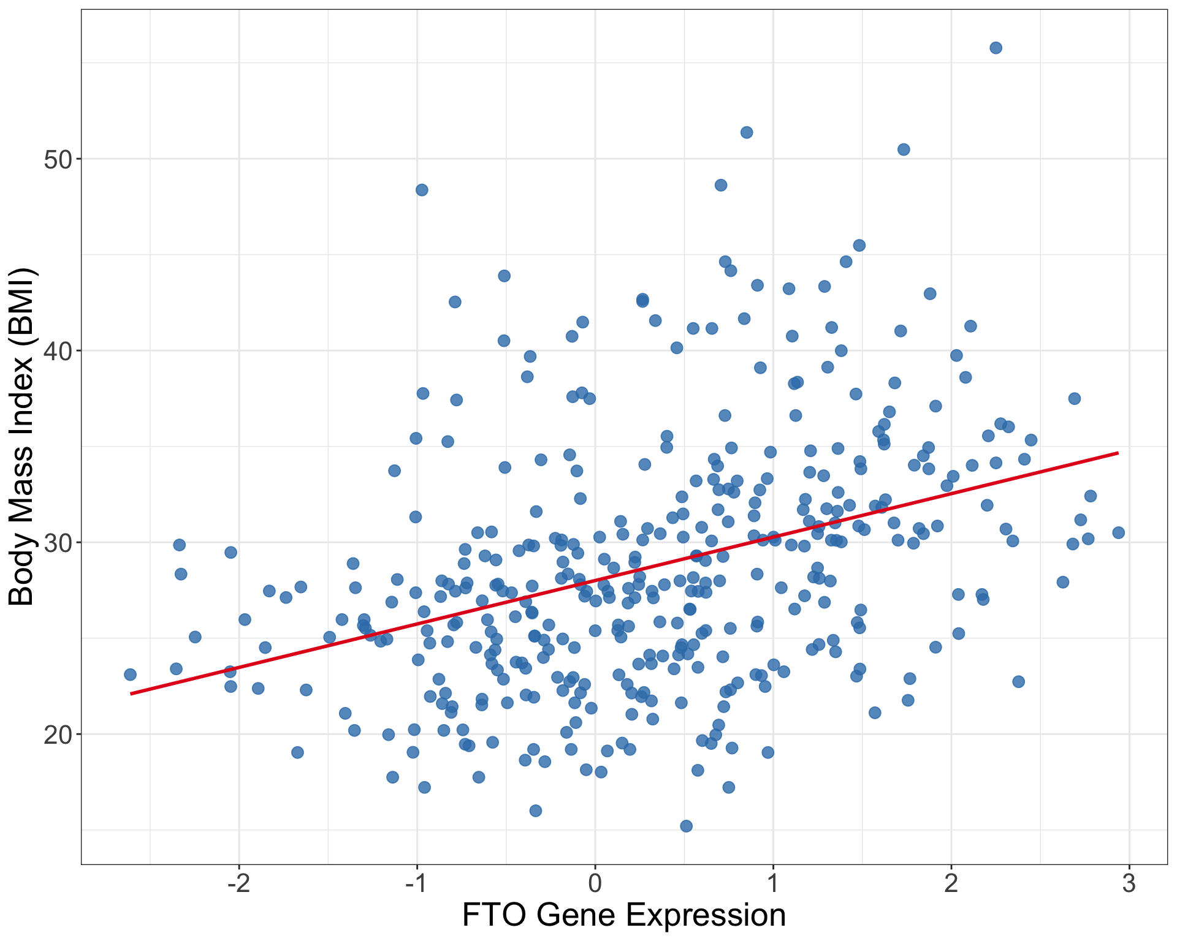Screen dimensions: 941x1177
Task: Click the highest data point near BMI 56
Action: [x=996, y=48]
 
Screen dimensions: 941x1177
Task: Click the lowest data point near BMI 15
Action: [x=686, y=826]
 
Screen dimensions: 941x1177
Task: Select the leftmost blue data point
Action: [x=130, y=675]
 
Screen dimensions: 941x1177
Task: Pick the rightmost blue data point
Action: [x=1118, y=532]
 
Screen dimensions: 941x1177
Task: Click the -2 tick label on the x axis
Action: [x=238, y=883]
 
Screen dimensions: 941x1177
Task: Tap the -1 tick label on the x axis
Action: [x=417, y=883]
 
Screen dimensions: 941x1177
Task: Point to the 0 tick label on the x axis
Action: [x=595, y=883]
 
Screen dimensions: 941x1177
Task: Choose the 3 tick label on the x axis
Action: [x=1129, y=883]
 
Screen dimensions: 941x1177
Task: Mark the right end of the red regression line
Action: [x=1118, y=453]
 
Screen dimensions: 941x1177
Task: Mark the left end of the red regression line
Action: [x=131, y=693]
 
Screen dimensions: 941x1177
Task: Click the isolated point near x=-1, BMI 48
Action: [x=422, y=190]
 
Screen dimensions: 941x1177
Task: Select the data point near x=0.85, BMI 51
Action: [x=746, y=132]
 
